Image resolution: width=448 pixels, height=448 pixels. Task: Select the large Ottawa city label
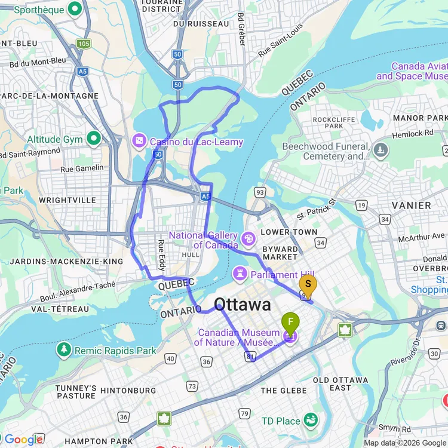click(243, 305)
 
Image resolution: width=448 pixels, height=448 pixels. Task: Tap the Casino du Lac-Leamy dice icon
click(139, 142)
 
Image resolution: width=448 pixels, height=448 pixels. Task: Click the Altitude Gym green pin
click(94, 139)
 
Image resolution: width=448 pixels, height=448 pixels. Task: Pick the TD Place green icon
click(311, 421)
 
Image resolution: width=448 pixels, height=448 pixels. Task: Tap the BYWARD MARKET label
click(280, 253)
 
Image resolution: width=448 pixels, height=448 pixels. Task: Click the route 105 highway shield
click(83, 44)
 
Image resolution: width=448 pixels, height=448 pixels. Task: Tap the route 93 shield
click(259, 192)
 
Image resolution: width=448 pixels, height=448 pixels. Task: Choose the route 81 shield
click(248, 356)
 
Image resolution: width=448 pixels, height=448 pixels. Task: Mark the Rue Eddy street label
click(161, 254)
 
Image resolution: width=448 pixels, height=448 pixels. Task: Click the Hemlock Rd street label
click(412, 134)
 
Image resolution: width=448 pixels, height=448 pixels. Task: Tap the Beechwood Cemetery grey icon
click(381, 148)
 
